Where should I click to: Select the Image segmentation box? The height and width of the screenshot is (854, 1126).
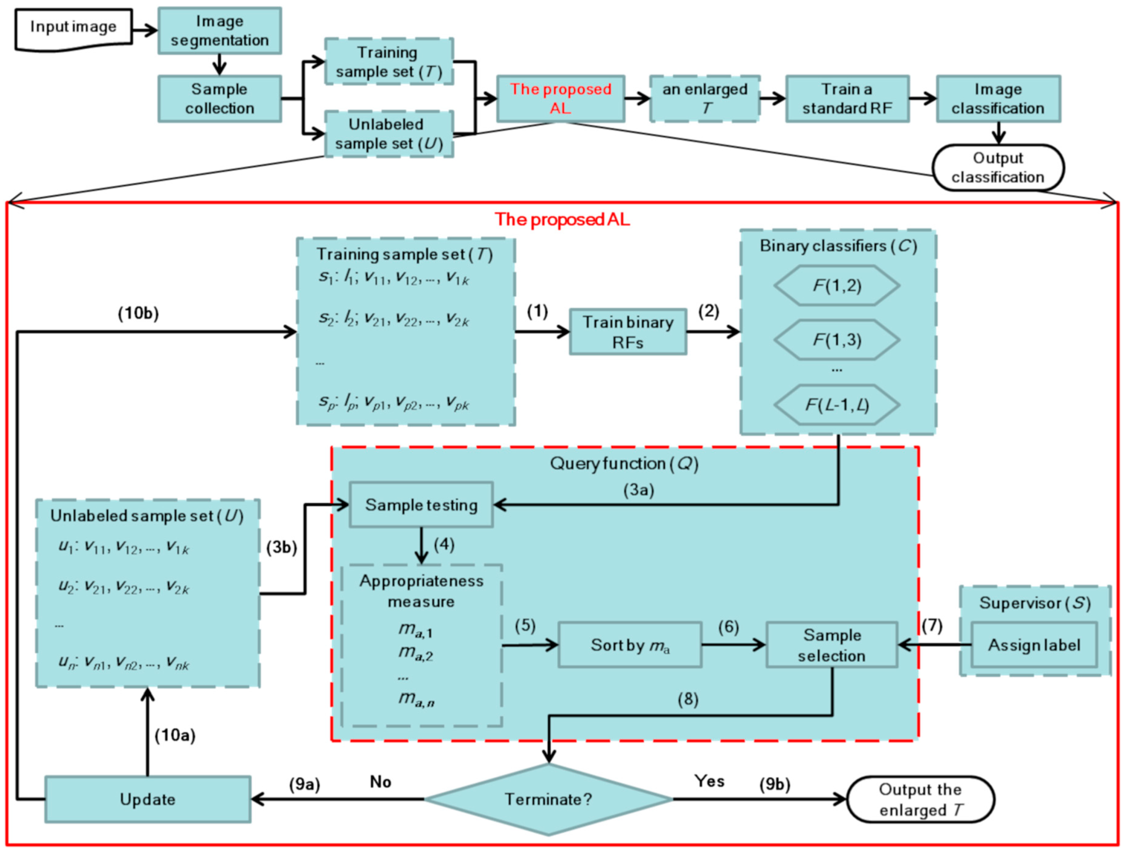pos(219,31)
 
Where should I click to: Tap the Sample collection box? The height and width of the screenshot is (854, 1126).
pos(219,99)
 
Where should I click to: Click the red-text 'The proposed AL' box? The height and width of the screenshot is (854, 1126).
pos(560,99)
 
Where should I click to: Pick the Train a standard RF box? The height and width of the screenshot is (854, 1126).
pos(847,99)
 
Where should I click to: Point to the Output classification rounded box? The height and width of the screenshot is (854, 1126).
pos(998,167)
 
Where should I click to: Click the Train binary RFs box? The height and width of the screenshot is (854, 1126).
pos(627,332)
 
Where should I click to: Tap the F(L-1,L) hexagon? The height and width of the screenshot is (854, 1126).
pos(837,405)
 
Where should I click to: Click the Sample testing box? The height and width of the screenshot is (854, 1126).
pos(421,505)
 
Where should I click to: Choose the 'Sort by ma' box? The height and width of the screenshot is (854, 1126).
pos(630,645)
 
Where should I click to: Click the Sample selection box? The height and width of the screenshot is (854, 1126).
pos(832,645)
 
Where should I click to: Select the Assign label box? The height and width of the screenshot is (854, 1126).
pos(1034,645)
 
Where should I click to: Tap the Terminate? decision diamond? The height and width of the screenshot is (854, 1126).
pos(548,799)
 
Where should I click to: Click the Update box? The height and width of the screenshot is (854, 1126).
pos(148,799)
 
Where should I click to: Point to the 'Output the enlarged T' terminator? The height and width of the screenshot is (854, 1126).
pos(920,799)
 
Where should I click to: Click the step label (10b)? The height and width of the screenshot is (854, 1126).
pos(139,313)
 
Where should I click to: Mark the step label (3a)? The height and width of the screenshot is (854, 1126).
pos(639,490)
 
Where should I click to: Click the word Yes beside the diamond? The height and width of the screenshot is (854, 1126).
pos(709,781)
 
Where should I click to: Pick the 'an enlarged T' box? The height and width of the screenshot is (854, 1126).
pos(705,99)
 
